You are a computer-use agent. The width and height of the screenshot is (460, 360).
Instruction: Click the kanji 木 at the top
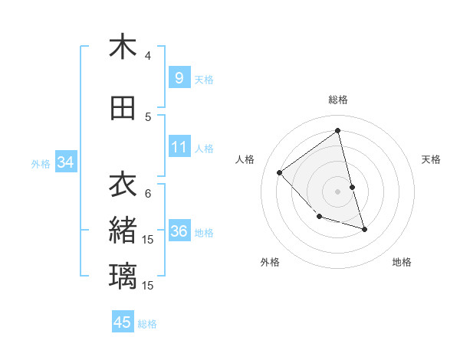[x=123, y=47]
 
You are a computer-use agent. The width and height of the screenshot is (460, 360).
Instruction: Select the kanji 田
[x=123, y=109]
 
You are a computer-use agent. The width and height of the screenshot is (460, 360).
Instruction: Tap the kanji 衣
[x=123, y=185]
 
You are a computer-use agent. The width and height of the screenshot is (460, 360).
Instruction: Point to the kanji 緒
[x=123, y=231]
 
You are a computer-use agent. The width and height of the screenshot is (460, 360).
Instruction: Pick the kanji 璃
[x=123, y=276]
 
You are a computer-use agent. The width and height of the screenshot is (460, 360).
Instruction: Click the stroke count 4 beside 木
[x=148, y=56]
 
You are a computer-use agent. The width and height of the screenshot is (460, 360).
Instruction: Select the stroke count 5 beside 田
[x=148, y=117]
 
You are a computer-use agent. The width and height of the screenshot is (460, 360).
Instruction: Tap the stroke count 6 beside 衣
[x=148, y=193]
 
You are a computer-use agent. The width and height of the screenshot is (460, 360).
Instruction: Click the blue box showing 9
[x=179, y=77]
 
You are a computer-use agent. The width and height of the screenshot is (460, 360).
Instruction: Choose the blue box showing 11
[x=179, y=146]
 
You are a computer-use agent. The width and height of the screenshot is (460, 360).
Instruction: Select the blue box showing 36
[x=179, y=231]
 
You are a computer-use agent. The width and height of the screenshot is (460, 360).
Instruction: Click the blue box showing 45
[x=123, y=322]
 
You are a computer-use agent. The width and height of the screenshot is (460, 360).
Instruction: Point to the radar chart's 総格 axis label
[x=338, y=100]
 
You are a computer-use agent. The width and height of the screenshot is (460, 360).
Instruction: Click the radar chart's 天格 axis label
[x=431, y=159]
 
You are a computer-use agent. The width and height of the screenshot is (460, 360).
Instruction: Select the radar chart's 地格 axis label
[x=402, y=262]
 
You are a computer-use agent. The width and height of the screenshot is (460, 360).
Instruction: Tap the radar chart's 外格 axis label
[x=270, y=262]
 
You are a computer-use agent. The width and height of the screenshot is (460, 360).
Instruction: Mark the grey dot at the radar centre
[x=338, y=191]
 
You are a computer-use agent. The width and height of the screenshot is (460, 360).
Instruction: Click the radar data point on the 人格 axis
[x=280, y=172]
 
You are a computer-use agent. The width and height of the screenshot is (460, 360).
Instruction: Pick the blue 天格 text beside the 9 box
[x=204, y=79]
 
